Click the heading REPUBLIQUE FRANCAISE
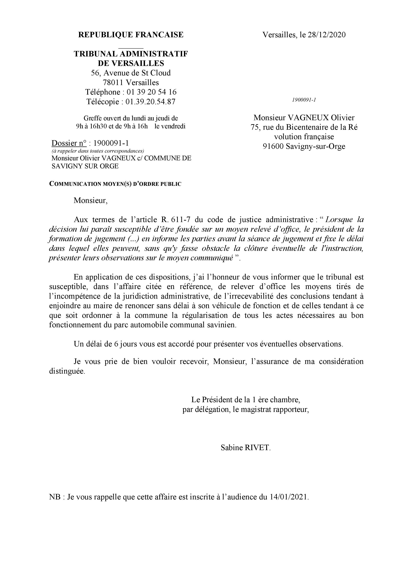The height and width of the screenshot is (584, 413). point(131,35)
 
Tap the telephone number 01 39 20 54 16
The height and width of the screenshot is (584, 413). point(152,92)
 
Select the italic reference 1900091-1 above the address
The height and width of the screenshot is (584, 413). point(304,100)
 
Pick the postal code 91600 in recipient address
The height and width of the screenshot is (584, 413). point(273,146)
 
